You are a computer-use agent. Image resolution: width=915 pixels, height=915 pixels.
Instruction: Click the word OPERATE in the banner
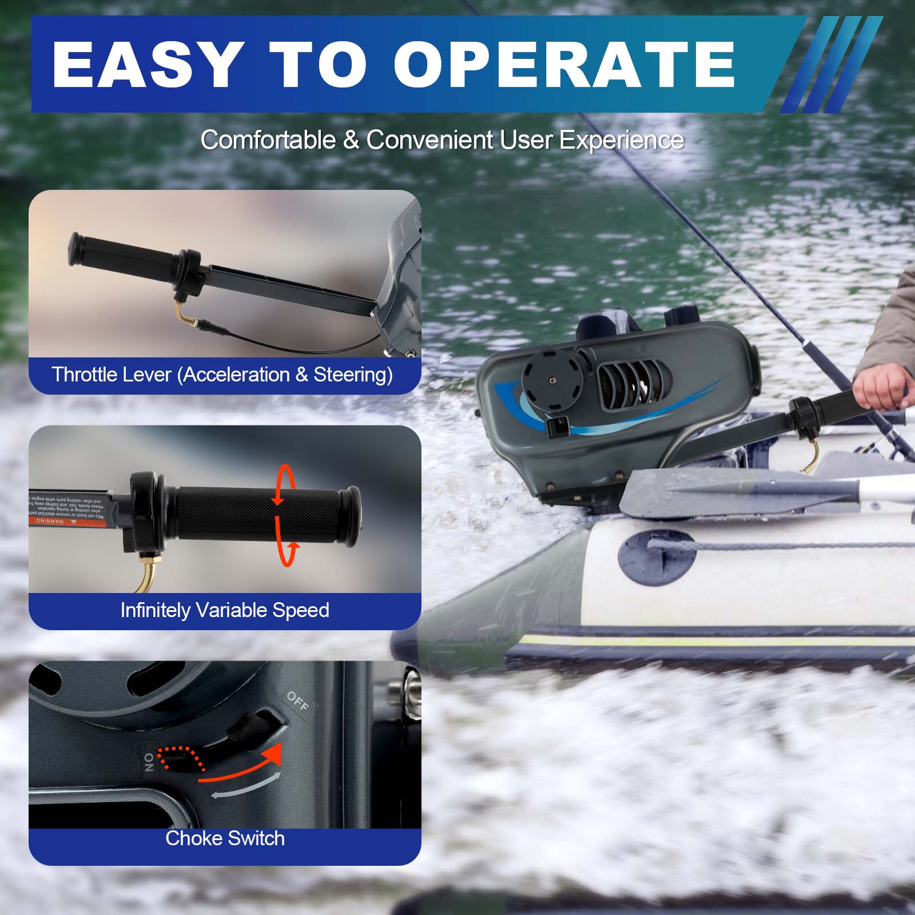(563, 64)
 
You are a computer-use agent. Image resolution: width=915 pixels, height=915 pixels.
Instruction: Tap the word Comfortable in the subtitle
(268, 140)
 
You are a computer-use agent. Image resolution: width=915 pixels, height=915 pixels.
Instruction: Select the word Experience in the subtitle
(621, 140)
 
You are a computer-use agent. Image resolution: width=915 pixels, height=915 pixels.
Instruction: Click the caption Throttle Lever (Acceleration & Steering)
(222, 375)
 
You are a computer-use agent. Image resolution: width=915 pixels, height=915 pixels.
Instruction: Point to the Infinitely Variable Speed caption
(225, 610)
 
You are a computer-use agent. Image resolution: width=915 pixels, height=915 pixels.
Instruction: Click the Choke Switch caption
(225, 838)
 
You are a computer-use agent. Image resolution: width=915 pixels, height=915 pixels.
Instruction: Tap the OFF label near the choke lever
(297, 701)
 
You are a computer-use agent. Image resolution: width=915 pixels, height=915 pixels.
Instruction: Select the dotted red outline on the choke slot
(182, 758)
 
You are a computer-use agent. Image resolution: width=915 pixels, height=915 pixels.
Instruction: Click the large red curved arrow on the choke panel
(246, 763)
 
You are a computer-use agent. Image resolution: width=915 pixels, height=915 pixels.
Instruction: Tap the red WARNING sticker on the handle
(53, 520)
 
